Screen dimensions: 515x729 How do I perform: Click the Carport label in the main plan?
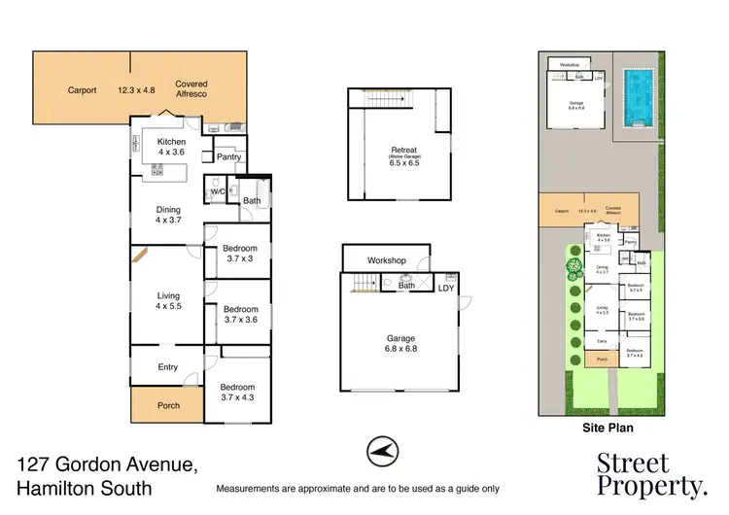click(x=82, y=90)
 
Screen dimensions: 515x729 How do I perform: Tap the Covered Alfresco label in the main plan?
click(x=191, y=90)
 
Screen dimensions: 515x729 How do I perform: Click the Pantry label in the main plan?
click(x=229, y=156)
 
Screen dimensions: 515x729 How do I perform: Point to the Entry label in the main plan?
click(x=169, y=366)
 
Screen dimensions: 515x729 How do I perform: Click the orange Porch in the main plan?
click(x=168, y=405)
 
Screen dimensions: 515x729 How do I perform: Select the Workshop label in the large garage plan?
click(x=386, y=261)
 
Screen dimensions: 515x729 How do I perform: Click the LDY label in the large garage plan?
click(x=446, y=288)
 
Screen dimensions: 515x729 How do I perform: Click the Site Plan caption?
click(x=599, y=426)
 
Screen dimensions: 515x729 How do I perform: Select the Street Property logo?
click(x=651, y=473)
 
